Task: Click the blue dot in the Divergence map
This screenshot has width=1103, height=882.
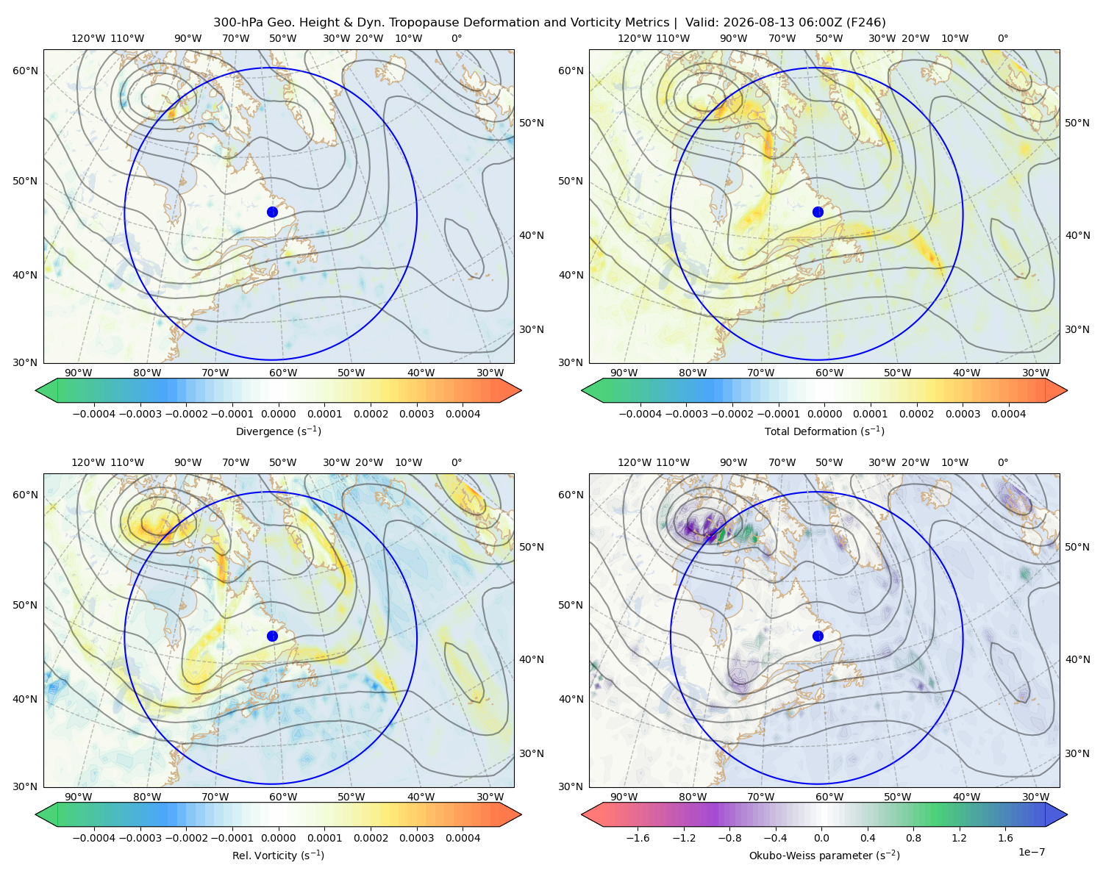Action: point(272,212)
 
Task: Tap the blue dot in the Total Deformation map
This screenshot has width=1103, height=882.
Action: point(818,212)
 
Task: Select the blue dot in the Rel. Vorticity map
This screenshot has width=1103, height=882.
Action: point(272,636)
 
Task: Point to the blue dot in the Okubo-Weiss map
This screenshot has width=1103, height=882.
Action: point(818,636)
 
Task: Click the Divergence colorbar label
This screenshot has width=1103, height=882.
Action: point(278,431)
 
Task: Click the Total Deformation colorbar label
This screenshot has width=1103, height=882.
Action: point(824,431)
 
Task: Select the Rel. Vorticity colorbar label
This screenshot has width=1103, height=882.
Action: point(278,855)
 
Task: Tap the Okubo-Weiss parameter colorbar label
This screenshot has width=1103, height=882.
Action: point(824,855)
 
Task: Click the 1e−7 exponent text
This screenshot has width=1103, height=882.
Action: point(1031,852)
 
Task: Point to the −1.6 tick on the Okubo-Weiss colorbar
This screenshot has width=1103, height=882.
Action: point(638,837)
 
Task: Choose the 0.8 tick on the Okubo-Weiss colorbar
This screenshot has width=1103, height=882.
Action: point(913,837)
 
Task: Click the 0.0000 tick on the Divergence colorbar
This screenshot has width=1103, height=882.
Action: point(278,414)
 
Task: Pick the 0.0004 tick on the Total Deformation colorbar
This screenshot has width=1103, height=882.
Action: point(1008,414)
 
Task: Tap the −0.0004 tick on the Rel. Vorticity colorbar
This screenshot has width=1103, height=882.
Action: point(94,837)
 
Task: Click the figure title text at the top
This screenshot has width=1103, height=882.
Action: point(549,22)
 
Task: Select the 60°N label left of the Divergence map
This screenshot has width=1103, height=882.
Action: point(25,71)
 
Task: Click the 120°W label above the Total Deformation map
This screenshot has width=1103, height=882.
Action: point(634,38)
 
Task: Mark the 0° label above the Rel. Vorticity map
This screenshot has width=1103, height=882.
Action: point(457,462)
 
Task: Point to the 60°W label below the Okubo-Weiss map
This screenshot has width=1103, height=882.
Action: point(829,797)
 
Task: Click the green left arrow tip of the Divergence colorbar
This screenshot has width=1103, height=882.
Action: point(36,390)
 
